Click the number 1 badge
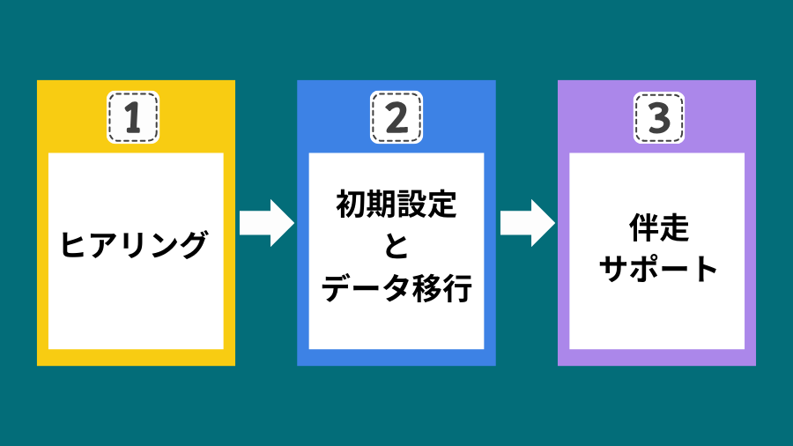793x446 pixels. coord(133,117)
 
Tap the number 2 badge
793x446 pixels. coord(396,117)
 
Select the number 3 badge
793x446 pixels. coord(659,118)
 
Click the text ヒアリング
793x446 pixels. coord(134,245)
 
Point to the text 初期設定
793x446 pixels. coord(396,204)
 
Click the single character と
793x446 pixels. coord(396,246)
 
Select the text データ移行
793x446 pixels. coord(396,288)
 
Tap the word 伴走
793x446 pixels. coord(659,227)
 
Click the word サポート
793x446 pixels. coord(658,269)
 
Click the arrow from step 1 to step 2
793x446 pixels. coord(266,223)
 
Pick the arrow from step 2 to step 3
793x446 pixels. coord(528,223)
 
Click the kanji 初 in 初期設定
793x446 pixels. coord(351,204)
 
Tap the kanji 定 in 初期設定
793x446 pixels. coord(442,204)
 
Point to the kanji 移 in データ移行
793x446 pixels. coord(426,288)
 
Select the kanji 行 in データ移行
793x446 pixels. coord(457,288)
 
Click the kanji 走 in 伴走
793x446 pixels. coord(674,227)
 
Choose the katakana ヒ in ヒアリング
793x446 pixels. coord(74,245)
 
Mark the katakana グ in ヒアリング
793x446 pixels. coord(193,245)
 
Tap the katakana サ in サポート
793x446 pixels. coord(614,269)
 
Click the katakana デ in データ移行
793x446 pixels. coord(337,288)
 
